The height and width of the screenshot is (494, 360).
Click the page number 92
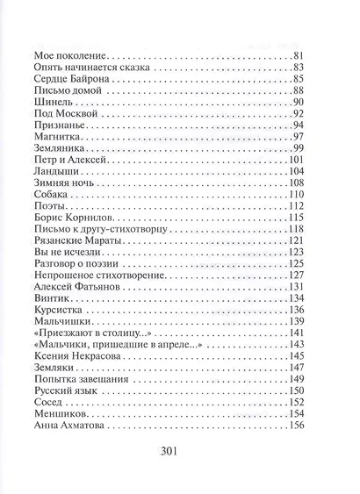click(322, 119)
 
